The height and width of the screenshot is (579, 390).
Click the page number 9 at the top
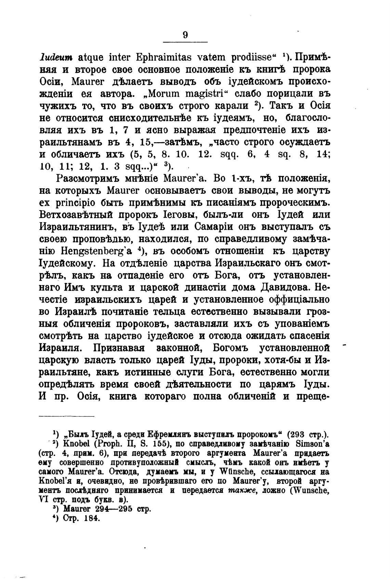point(185,35)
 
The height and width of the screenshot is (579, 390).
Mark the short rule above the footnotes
point(66,416)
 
